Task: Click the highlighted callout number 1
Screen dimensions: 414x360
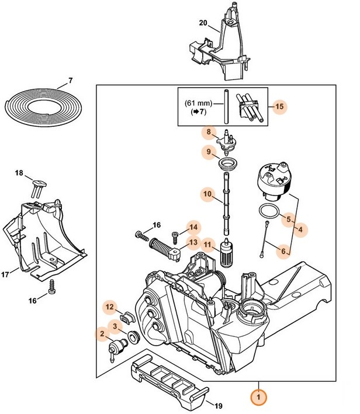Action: click(x=257, y=397)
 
